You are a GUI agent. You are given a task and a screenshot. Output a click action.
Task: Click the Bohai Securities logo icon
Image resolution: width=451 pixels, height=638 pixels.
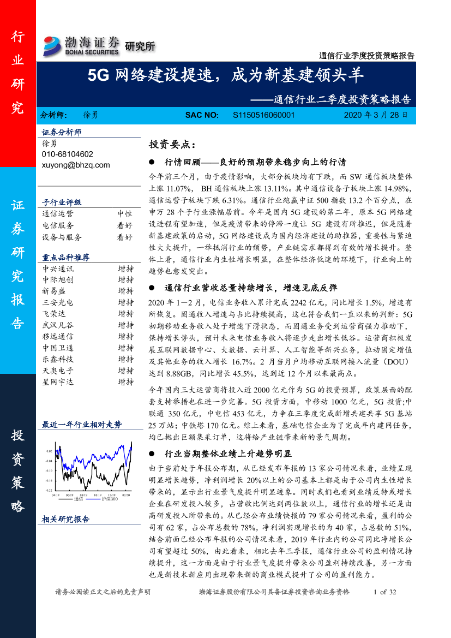click(x=53, y=46)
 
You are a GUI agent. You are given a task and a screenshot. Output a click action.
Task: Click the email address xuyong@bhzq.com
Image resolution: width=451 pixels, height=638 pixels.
click(x=76, y=165)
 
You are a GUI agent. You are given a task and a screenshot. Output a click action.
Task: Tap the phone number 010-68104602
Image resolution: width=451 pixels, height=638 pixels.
click(x=67, y=154)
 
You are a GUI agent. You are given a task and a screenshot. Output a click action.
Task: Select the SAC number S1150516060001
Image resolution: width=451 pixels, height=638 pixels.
click(x=263, y=116)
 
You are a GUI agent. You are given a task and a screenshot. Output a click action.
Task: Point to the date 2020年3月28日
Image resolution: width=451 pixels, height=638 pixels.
click(x=375, y=116)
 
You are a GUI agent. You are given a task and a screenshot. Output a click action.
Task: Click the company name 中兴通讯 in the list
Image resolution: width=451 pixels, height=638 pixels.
click(x=58, y=269)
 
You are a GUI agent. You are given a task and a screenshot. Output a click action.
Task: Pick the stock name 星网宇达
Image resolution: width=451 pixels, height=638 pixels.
click(x=58, y=382)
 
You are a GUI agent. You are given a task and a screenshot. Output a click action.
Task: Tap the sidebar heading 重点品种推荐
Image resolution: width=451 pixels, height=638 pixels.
click(x=66, y=257)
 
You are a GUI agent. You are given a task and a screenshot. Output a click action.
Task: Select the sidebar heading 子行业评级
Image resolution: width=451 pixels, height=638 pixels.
click(x=62, y=202)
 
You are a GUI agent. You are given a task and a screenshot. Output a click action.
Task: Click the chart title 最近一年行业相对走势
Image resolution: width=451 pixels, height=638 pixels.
click(x=82, y=425)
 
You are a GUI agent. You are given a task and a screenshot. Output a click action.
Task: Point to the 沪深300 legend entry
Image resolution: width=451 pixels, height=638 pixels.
click(x=109, y=498)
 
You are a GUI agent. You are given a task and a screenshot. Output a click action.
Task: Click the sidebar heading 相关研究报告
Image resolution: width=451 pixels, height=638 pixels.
click(x=66, y=520)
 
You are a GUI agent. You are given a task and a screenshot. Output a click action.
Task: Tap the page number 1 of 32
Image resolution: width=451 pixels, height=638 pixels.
click(x=384, y=592)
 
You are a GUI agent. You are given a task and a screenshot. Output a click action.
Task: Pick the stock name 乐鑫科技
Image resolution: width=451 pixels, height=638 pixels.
click(x=58, y=359)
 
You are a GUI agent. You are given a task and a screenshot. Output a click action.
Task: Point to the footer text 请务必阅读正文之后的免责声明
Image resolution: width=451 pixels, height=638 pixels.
click(x=103, y=592)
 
